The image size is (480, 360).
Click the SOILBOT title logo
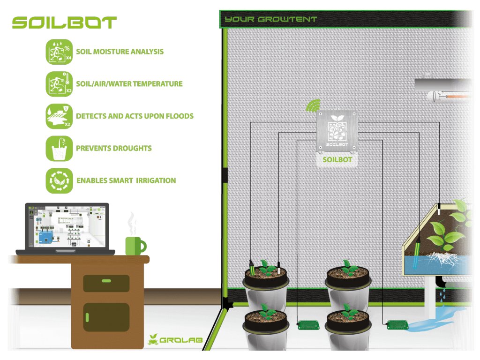coord(64,22)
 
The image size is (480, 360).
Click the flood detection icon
coord(59,116)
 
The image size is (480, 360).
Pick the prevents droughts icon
coord(59,148)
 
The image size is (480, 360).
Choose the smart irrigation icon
coord(59,180)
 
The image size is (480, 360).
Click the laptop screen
coord(67,226)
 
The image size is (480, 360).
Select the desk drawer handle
coord(106,281)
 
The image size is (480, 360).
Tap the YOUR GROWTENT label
coord(270,19)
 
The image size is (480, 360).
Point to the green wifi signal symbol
coord(312,105)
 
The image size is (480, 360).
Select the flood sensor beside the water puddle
coord(397,324)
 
